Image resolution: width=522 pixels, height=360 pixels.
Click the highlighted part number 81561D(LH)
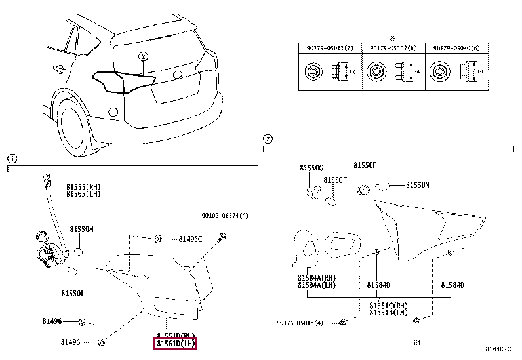coord(175,343)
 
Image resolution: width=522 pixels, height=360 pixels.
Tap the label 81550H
coord(82,229)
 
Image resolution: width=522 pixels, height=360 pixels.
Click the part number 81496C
coord(190,239)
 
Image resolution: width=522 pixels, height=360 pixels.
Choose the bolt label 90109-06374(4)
coord(225,215)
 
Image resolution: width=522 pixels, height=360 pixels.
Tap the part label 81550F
coord(334,179)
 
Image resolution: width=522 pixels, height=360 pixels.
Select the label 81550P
coord(365,166)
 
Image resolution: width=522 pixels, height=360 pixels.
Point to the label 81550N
coord(417,185)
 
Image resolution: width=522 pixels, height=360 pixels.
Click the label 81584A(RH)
coord(317,277)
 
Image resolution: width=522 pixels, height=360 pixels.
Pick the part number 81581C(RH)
coord(388,306)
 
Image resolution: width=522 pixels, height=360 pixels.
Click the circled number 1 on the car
coord(113,112)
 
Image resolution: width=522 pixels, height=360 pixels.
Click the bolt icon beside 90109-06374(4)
coord(224,235)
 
